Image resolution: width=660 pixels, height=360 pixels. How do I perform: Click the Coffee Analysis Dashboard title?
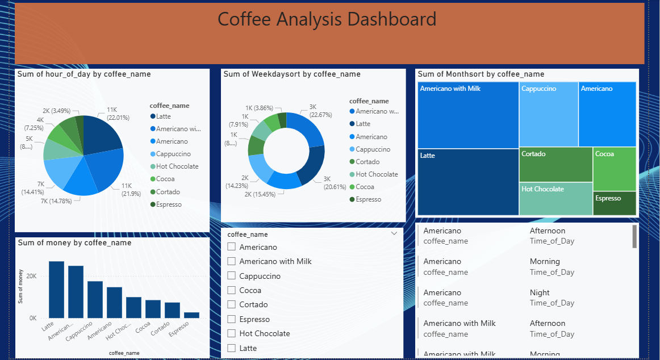327,19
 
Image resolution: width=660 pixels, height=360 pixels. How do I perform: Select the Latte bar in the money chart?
56,290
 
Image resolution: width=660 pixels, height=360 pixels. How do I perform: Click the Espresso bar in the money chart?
191,315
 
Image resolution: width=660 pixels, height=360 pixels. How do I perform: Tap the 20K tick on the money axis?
31,276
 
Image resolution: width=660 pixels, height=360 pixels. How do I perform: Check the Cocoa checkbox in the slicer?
231,290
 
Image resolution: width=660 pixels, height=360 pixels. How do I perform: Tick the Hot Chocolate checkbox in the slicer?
231,333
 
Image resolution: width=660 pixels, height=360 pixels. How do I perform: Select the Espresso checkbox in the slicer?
231,319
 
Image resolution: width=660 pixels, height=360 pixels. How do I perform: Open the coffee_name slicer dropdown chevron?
394,233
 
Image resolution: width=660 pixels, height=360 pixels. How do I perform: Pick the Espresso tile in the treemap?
614,203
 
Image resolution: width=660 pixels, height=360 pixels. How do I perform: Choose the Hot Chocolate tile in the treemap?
555,199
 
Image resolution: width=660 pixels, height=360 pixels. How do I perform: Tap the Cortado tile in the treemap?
555,165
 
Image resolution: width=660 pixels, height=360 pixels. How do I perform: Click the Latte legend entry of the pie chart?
163,116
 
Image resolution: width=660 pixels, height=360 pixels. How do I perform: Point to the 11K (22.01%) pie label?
118,114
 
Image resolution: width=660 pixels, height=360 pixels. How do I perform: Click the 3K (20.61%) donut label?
335,182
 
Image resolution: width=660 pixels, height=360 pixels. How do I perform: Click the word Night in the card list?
540,292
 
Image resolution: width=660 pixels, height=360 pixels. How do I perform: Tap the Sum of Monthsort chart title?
481,74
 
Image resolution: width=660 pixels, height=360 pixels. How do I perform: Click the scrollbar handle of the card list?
634,236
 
